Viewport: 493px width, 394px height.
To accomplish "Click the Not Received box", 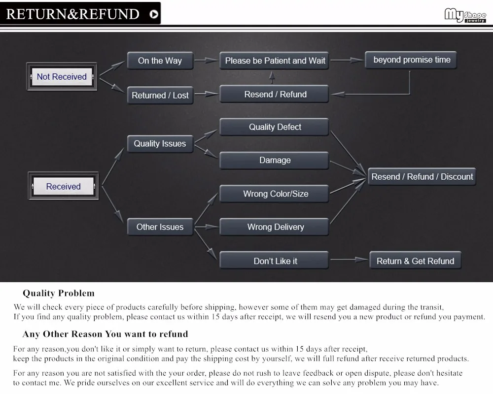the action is (62, 77).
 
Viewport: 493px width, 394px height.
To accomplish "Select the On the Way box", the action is (160, 61).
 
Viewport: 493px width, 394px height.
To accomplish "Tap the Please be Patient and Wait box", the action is (275, 61).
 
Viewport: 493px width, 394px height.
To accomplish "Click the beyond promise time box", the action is (411, 60).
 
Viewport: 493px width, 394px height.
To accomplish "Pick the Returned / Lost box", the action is (160, 96).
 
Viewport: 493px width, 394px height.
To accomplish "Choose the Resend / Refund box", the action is (275, 94).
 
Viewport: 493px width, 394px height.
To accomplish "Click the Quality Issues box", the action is (160, 144).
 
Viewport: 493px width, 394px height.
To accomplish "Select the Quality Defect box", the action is (275, 127).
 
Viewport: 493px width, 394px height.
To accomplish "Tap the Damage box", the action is (275, 161).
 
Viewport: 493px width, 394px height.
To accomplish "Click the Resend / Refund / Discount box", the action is (422, 177).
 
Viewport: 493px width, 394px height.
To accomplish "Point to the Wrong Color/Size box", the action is (275, 194).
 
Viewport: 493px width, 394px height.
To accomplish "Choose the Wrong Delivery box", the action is (275, 227).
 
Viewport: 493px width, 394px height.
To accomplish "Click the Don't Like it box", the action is (275, 261).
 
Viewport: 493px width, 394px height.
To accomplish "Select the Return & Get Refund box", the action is (415, 261).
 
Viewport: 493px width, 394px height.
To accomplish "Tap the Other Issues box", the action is (160, 227).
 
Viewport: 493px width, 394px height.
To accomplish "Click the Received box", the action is (63, 187).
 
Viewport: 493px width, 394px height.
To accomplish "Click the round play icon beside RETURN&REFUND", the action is (154, 14).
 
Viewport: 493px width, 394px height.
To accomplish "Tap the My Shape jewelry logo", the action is (465, 15).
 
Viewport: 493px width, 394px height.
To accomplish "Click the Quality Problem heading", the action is (58, 294).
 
